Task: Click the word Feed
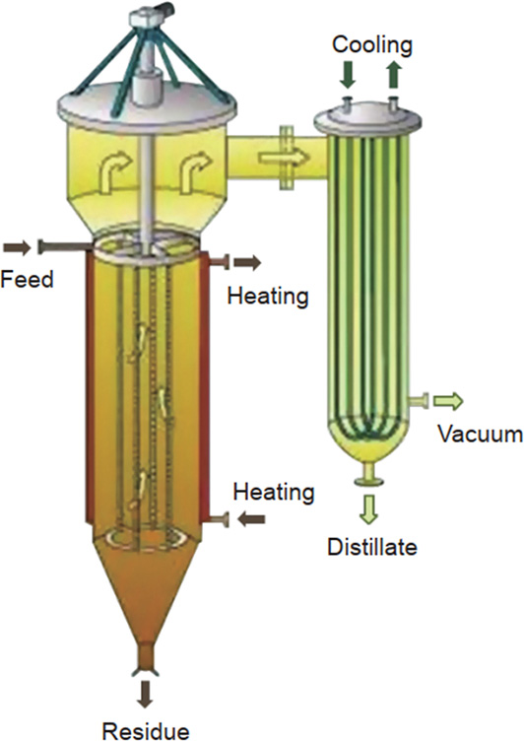pos(27,279)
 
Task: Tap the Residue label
pos(146,730)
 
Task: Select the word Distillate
pos(372,547)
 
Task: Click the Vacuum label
pos(480,434)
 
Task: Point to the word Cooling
pos(372,46)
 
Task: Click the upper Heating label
pos(268,297)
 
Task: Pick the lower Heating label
pos(274,493)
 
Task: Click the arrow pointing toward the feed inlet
pos(17,247)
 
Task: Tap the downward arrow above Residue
pos(146,694)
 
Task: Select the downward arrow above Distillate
pos(369,509)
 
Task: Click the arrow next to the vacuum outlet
pos(447,401)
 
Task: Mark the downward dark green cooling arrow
pos(348,76)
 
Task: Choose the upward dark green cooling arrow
pos(393,76)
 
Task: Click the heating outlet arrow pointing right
pos(247,263)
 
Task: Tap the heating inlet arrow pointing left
pos(251,520)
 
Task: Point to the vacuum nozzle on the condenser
pos(419,401)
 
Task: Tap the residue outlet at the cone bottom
pos(145,658)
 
